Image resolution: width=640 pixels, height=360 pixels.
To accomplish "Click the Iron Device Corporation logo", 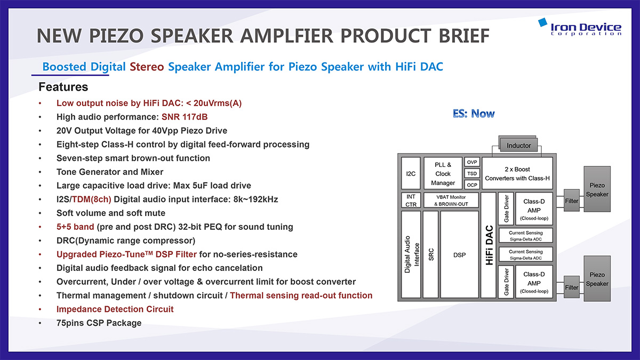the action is (x=580, y=27).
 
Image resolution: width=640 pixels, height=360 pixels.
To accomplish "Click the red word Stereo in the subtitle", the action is (x=147, y=67).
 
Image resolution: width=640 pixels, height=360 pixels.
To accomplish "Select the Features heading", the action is (x=63, y=87).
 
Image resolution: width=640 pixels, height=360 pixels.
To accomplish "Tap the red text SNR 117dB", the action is (x=185, y=117).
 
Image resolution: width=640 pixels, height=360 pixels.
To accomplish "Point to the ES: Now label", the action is (x=474, y=114).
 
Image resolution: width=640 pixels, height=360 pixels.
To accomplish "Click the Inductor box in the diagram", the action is (x=518, y=146).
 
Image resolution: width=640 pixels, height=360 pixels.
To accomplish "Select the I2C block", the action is (x=411, y=173).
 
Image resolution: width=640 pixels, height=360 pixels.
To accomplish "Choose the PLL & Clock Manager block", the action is (x=443, y=173).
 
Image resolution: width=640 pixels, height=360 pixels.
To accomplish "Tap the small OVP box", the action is (x=472, y=162).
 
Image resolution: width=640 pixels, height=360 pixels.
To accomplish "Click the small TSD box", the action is (x=472, y=173).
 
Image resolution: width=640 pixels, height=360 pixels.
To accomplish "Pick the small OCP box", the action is (x=472, y=185).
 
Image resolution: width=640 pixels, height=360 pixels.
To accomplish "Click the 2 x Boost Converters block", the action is (x=517, y=173).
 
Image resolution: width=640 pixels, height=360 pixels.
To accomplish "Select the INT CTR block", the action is (x=411, y=201).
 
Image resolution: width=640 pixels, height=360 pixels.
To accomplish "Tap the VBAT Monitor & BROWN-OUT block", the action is (x=451, y=201).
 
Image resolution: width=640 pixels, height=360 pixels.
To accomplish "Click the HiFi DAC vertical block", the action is (x=489, y=245).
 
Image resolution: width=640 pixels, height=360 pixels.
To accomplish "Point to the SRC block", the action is (x=431, y=254).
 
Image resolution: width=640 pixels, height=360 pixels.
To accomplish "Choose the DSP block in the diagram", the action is (x=459, y=254).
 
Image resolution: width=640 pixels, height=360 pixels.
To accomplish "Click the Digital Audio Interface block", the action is (x=411, y=254).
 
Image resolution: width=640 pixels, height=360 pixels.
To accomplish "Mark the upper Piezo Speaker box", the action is (x=597, y=189).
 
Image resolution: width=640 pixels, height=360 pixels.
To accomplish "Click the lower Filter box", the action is (x=571, y=287).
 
